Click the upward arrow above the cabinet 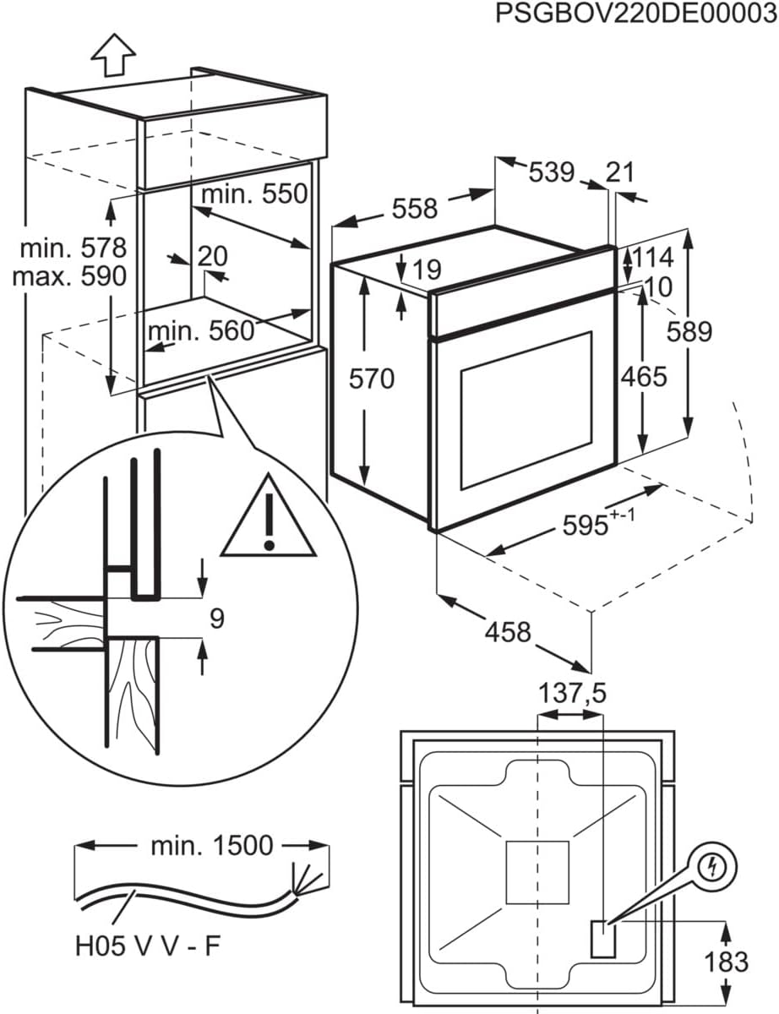click(112, 55)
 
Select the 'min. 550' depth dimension click(253, 194)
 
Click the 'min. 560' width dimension click(201, 330)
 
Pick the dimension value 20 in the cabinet click(213, 256)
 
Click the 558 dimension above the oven click(414, 208)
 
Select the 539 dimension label click(552, 173)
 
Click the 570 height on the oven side click(373, 379)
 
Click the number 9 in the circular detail click(216, 619)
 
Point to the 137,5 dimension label click(572, 694)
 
